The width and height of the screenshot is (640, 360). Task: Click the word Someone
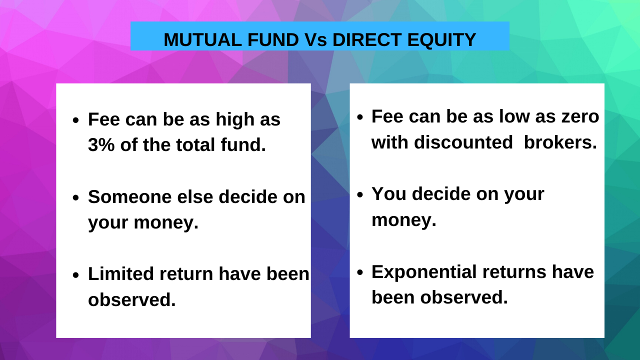click(x=129, y=197)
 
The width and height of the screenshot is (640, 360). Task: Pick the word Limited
click(x=120, y=274)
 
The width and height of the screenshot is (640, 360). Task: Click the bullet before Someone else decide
click(x=76, y=198)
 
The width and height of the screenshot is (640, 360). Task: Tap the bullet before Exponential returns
click(x=359, y=272)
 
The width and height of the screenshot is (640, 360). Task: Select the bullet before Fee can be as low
click(x=359, y=117)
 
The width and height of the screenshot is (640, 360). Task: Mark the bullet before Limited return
click(x=76, y=275)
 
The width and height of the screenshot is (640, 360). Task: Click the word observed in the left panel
click(x=131, y=300)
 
